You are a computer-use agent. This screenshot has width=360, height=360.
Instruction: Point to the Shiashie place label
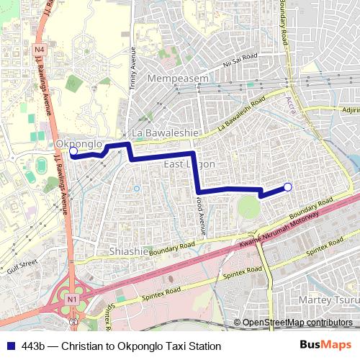point(127,251)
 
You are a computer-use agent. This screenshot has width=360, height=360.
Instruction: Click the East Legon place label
point(189,165)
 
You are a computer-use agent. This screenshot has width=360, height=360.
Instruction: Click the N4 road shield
point(39,49)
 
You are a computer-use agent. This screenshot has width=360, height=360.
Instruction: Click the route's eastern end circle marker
point(288,187)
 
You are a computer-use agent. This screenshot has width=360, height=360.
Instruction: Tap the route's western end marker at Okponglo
point(73,152)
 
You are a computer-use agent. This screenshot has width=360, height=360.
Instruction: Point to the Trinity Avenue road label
point(132,68)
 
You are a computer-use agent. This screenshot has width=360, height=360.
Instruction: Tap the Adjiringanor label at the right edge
point(350,110)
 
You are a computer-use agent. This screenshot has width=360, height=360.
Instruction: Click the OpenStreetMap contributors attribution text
point(297,323)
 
